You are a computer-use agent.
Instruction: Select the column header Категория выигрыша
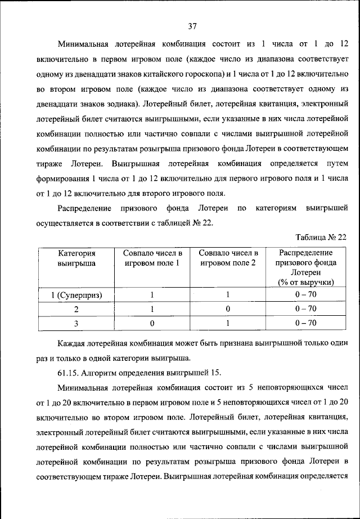pos(76,258)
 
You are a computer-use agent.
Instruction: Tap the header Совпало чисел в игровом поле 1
pos(152,258)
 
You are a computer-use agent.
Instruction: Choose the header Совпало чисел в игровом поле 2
pos(228,258)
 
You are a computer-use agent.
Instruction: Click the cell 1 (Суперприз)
pos(76,294)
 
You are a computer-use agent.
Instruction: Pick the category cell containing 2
pos(76,309)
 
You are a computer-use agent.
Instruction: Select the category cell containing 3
pos(76,323)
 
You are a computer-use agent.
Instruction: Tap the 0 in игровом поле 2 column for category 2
pos(228,309)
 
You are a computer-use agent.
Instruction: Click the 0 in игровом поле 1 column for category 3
pos(152,323)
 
